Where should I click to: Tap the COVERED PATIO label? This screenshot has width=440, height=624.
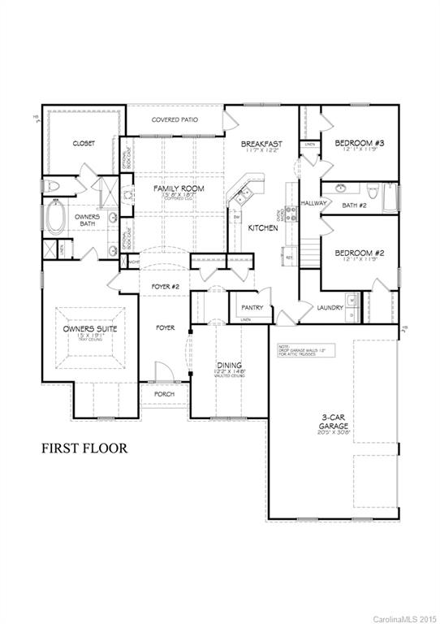175,120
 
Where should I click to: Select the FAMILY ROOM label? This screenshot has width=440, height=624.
179,188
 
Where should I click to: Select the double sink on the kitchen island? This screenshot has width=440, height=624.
243,195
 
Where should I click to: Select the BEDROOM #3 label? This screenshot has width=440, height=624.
359,143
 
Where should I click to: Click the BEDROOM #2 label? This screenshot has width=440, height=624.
359,253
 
